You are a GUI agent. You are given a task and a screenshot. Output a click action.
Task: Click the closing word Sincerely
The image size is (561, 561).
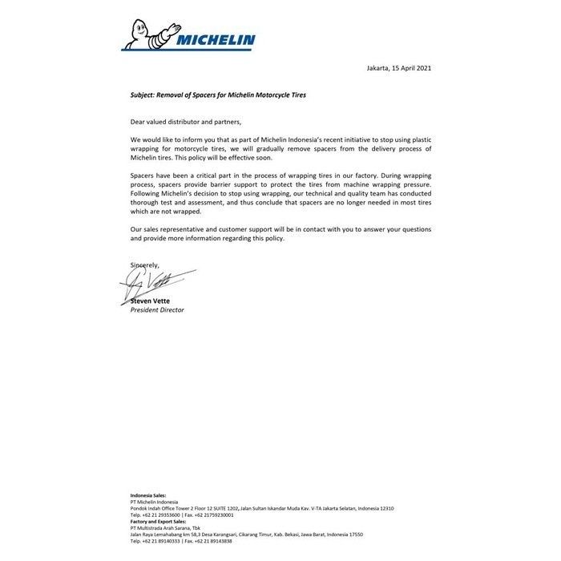pos(145,264)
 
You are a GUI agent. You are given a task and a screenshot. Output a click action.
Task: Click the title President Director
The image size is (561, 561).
pos(157,309)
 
